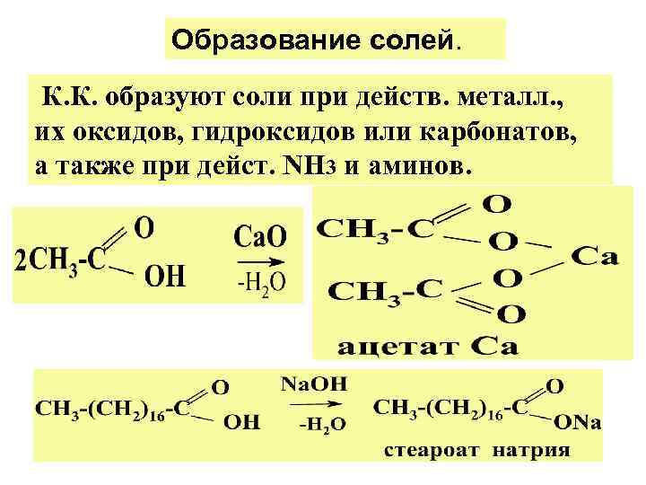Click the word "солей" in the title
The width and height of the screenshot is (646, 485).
414,40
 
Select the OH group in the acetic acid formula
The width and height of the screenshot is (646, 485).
165,277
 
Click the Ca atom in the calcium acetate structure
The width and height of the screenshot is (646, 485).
594,258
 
